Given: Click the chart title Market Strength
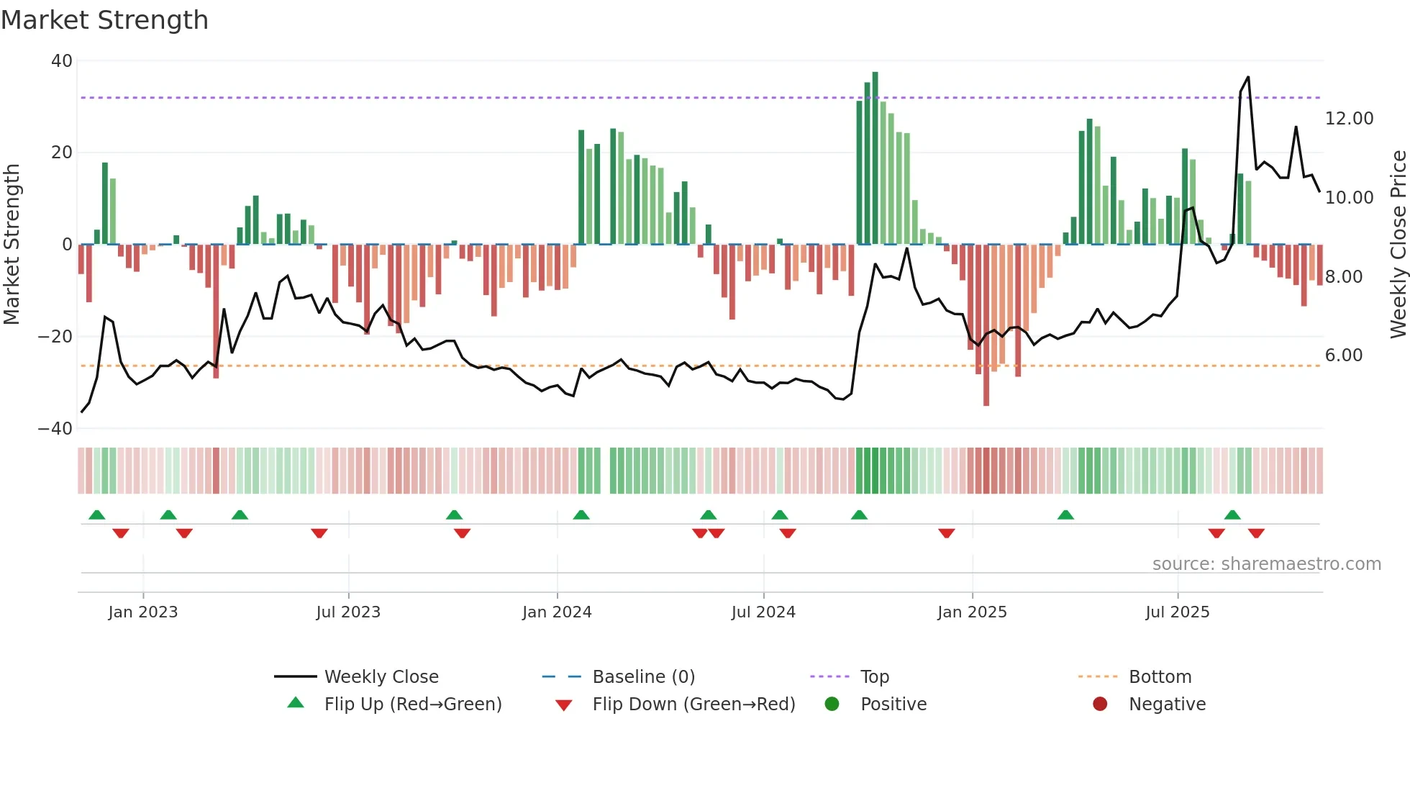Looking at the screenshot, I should pyautogui.click(x=105, y=20).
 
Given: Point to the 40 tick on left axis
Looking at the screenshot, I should pyautogui.click(x=62, y=61).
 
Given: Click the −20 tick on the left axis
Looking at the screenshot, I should pyautogui.click(x=55, y=337).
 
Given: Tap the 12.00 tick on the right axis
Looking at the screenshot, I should pyautogui.click(x=1349, y=119).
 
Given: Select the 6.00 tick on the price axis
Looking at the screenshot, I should pyautogui.click(x=1343, y=355).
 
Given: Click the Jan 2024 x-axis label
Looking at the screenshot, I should pyautogui.click(x=557, y=612).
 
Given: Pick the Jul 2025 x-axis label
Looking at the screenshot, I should pyautogui.click(x=1177, y=612).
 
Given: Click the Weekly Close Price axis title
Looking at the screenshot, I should pyautogui.click(x=1398, y=245).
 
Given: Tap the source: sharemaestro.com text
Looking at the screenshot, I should pyautogui.click(x=1266, y=564).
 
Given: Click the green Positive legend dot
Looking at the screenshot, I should pyautogui.click(x=832, y=704).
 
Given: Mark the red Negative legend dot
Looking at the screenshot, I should pyautogui.click(x=1099, y=704).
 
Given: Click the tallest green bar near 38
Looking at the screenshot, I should pyautogui.click(x=875, y=158).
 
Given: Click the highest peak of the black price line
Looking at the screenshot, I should pyautogui.click(x=1247, y=77).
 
